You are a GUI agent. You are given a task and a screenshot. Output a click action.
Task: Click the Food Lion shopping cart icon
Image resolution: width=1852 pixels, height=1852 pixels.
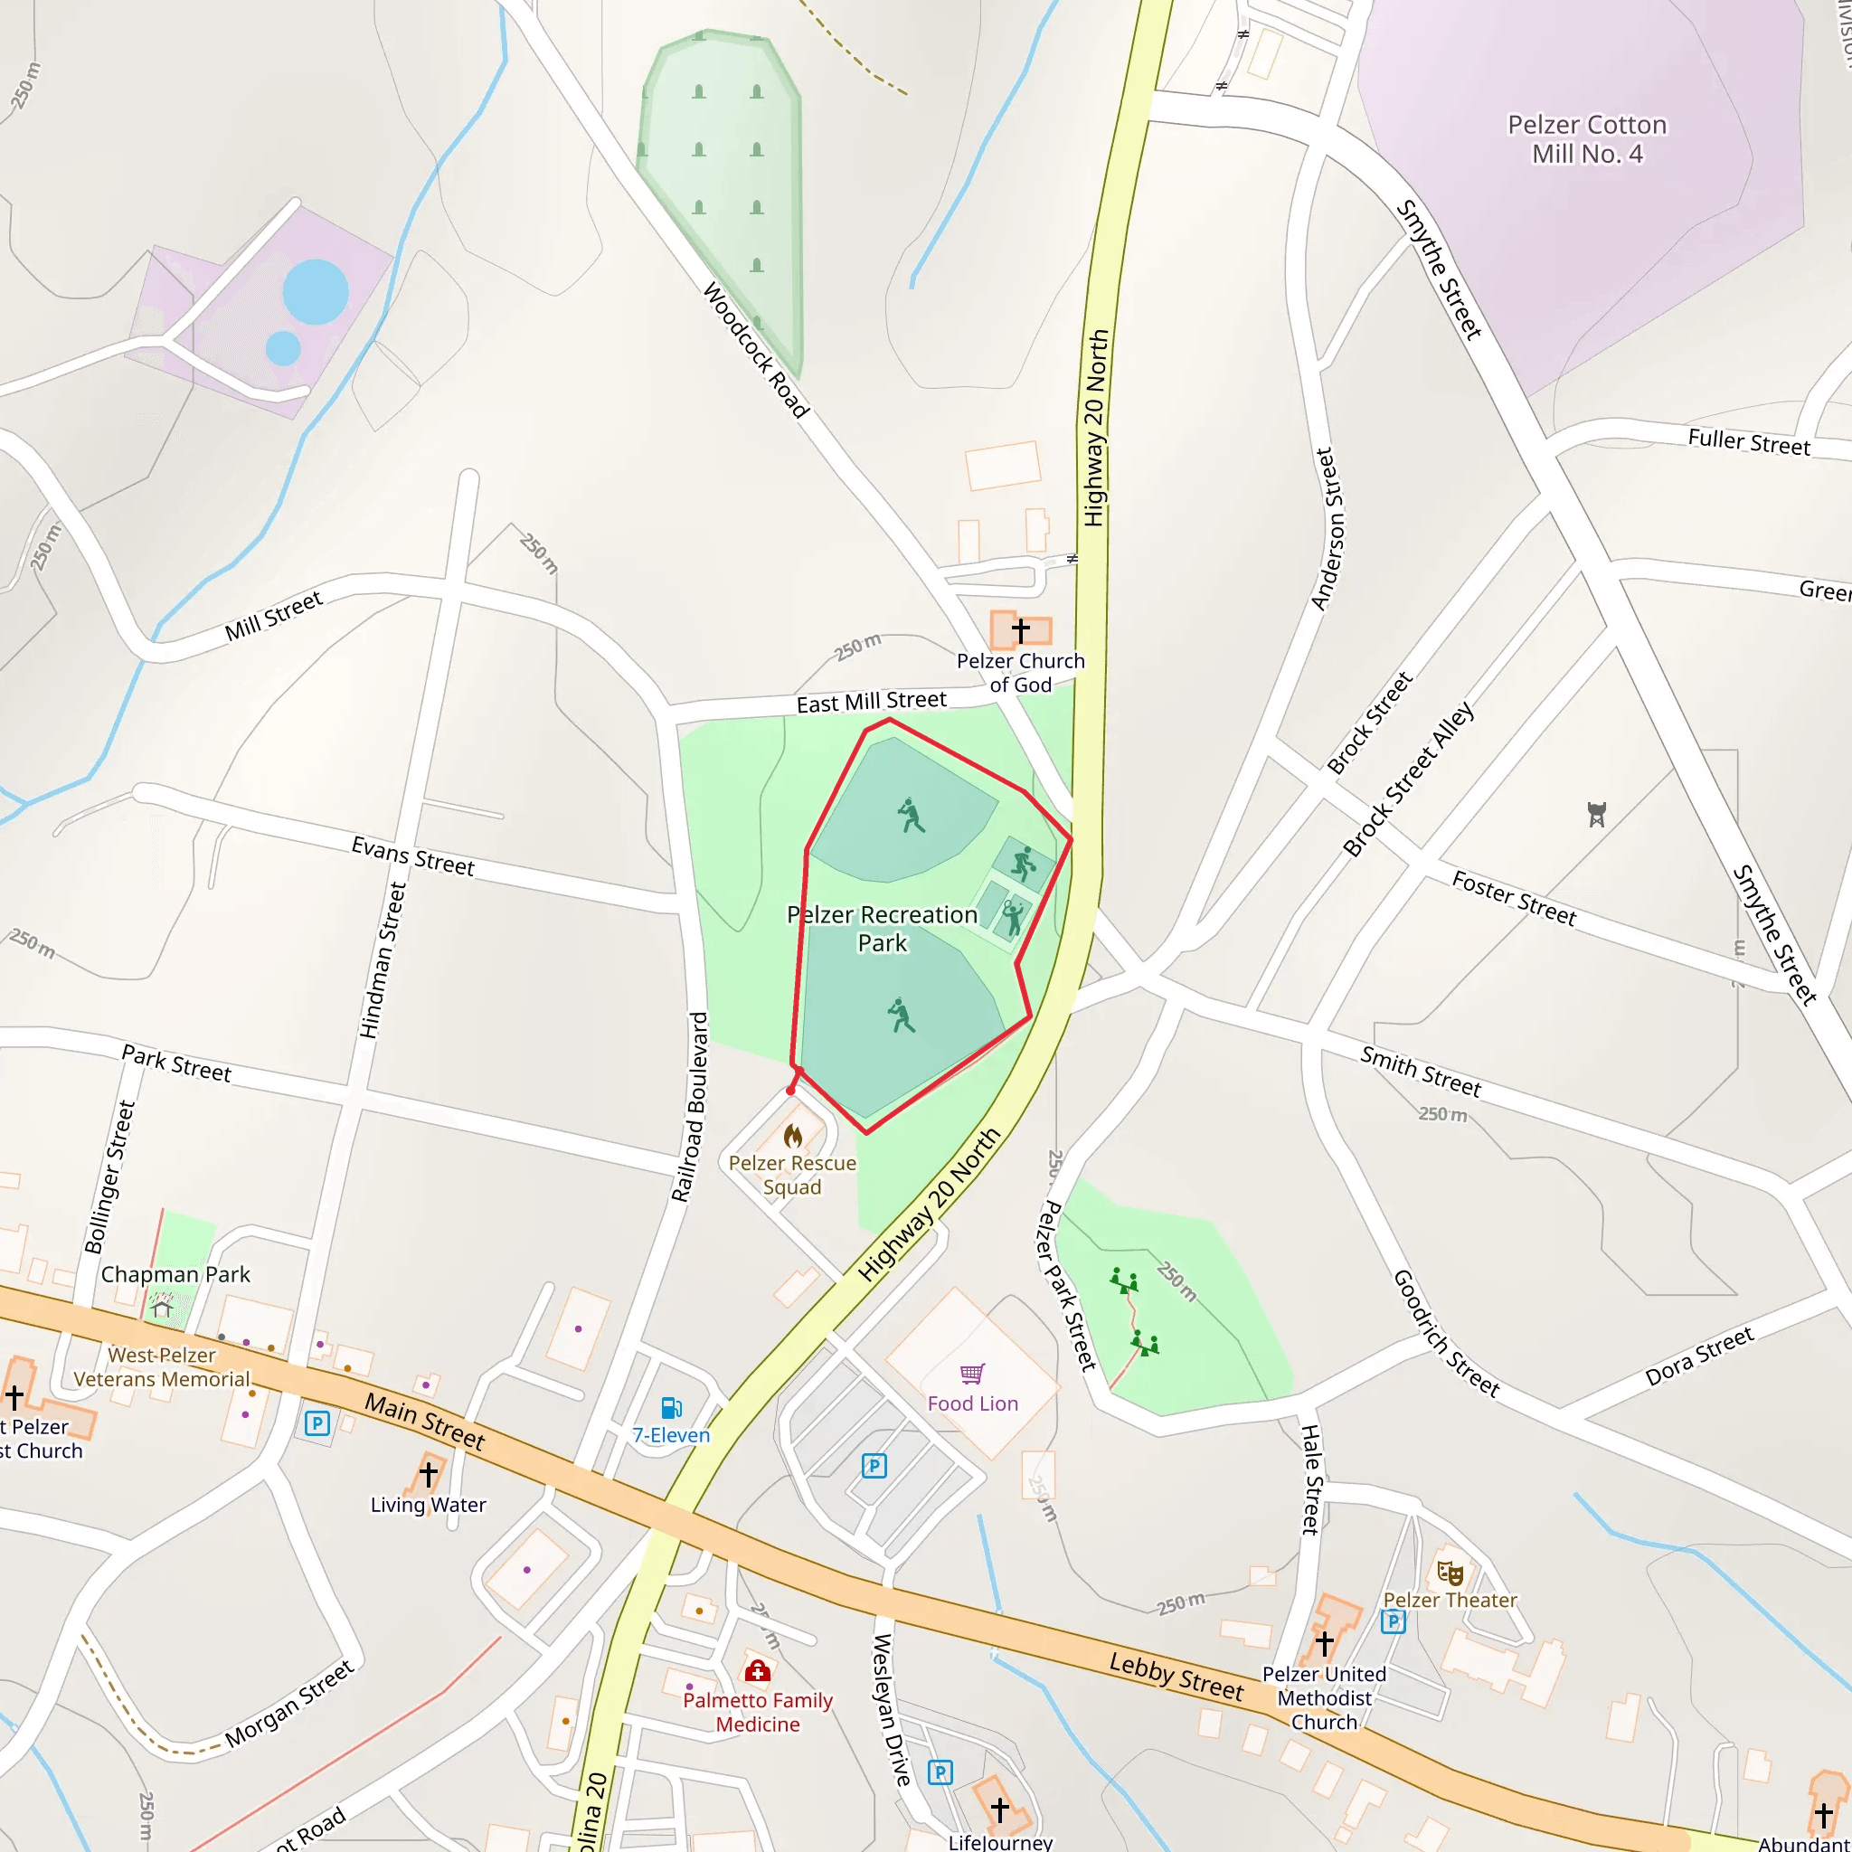pos(972,1374)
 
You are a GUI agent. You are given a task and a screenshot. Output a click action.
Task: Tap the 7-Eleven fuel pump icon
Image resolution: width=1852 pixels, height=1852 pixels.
pos(671,1407)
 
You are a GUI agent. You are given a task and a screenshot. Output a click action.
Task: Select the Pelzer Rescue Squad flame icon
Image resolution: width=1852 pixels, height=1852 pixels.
pos(793,1137)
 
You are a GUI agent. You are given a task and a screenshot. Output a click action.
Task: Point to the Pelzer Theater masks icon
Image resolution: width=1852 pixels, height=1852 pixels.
pos(1450,1573)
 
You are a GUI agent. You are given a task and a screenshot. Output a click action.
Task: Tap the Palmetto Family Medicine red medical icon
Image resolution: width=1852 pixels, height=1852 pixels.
pos(757,1672)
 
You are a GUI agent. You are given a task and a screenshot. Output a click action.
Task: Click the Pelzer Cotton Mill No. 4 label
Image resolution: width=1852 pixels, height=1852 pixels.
pos(1586,139)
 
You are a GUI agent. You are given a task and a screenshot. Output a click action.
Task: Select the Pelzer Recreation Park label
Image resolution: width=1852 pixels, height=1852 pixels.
pos(882,928)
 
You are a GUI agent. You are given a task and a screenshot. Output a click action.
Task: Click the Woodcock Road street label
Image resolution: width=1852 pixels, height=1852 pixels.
pos(756,350)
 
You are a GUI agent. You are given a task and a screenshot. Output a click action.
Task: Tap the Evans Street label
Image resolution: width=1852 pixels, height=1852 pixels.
pos(413,856)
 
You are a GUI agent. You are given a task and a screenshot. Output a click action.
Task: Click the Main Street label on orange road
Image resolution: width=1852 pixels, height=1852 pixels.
pos(425,1422)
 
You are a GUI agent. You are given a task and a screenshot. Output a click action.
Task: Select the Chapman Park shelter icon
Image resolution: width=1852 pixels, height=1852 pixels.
pos(162,1307)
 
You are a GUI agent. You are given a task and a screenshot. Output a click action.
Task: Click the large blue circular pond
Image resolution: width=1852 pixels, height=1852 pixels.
pos(316,291)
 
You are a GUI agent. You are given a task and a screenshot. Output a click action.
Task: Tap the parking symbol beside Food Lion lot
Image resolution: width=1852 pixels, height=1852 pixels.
pos(874,1466)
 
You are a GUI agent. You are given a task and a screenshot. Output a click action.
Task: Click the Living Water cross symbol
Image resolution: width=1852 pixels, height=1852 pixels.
pos(429,1472)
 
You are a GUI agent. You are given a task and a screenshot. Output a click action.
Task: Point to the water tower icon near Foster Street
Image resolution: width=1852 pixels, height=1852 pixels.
pos(1596,815)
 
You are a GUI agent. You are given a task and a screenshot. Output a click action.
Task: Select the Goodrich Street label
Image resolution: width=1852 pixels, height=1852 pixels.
pos(1446,1332)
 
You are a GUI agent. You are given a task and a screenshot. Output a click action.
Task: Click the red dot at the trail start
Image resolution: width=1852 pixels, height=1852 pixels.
pos(791,1091)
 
